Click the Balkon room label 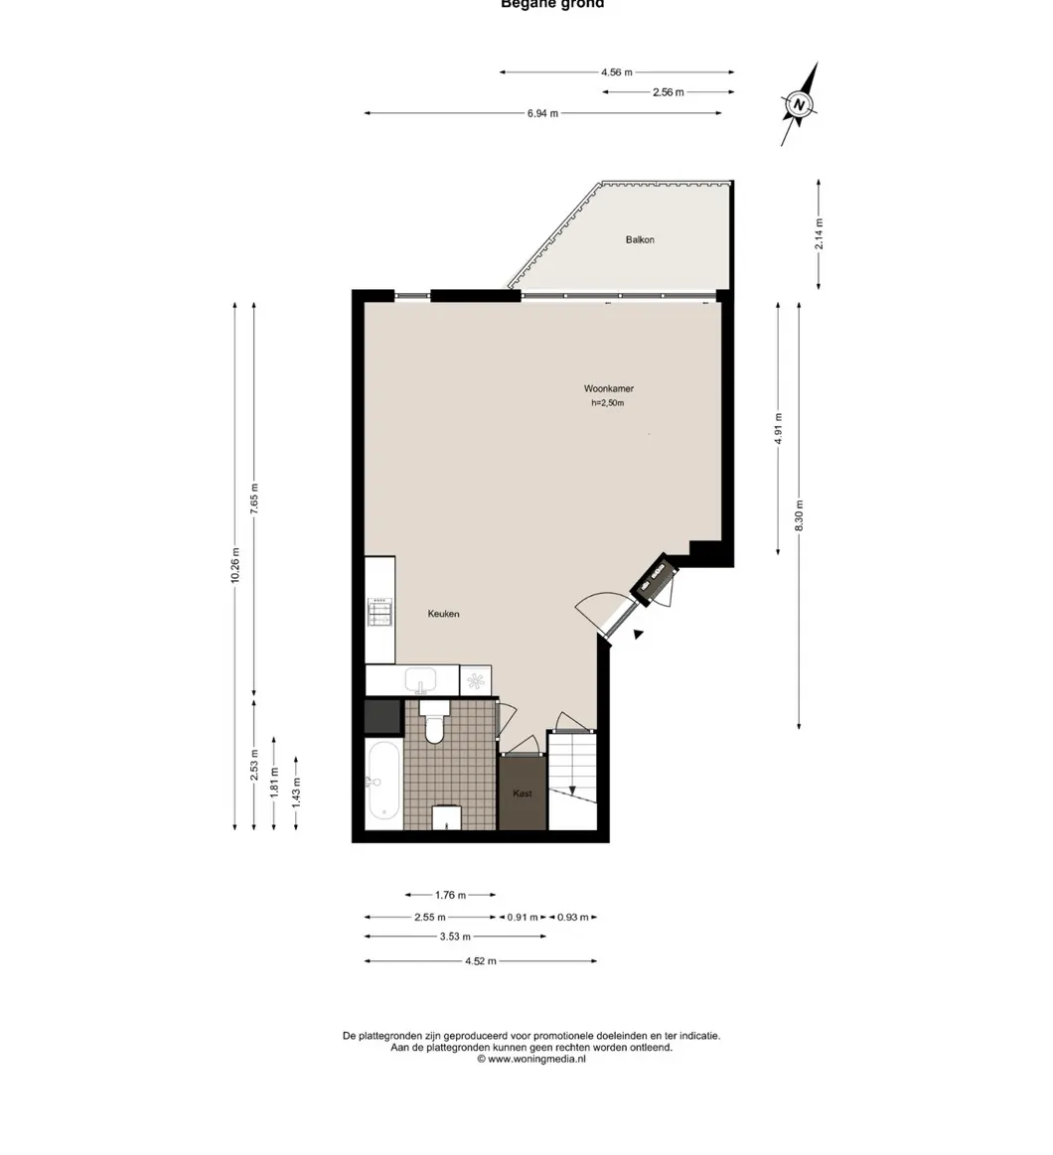[x=640, y=239]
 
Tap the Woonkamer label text [x=608, y=388]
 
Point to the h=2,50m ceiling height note [x=608, y=403]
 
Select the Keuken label [x=443, y=614]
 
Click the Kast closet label [x=523, y=794]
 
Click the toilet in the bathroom [x=434, y=723]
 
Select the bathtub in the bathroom [x=382, y=785]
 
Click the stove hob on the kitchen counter [x=379, y=612]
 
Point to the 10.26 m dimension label [x=234, y=566]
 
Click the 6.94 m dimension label [x=542, y=113]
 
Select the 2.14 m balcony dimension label [x=819, y=235]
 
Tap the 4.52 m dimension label [x=481, y=961]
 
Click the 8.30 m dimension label [x=800, y=516]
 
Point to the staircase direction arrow [x=571, y=789]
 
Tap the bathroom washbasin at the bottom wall [x=447, y=818]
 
